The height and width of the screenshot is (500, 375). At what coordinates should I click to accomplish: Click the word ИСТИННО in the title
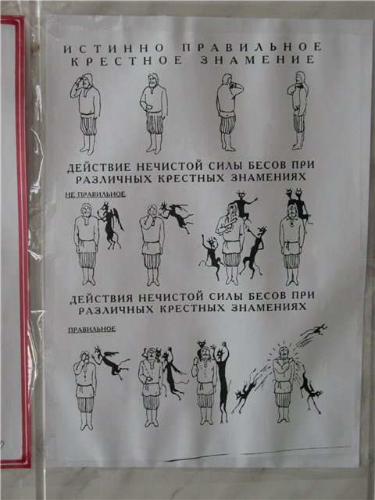click(113, 48)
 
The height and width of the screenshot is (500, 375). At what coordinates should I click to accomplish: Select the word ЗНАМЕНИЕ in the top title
click(258, 59)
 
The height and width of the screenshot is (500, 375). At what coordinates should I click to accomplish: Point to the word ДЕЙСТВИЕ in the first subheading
click(99, 167)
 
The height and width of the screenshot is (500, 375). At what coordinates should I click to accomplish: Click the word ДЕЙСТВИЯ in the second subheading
click(102, 299)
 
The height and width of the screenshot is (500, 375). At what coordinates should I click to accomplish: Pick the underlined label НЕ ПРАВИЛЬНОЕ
click(95, 195)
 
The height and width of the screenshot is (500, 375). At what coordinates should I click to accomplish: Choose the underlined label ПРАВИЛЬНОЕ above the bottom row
click(92, 330)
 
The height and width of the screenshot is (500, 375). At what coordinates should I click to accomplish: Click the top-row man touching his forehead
click(86, 114)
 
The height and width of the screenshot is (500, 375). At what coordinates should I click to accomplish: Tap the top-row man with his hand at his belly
click(154, 113)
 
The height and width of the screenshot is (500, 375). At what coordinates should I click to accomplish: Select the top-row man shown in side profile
click(298, 110)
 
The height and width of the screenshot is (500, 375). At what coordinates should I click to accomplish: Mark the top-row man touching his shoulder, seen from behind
click(229, 112)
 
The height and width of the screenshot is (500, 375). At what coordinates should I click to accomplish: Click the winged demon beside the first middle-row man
click(110, 226)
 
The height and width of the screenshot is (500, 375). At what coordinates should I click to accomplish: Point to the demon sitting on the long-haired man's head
click(243, 205)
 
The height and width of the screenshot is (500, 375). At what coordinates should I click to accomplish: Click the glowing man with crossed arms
click(284, 383)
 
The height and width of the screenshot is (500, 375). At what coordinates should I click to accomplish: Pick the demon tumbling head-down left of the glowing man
click(246, 391)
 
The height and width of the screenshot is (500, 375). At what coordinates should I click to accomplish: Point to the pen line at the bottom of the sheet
click(258, 453)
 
